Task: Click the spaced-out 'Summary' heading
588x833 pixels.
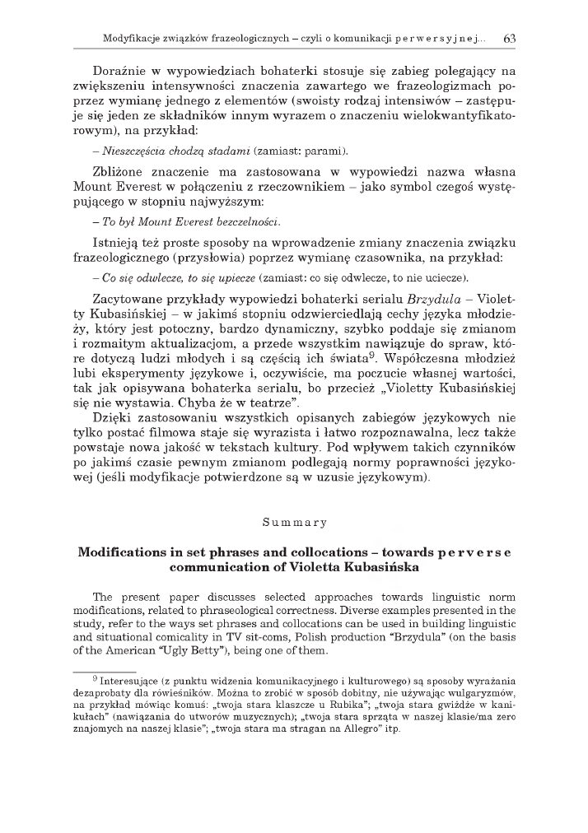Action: pos(294,522)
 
